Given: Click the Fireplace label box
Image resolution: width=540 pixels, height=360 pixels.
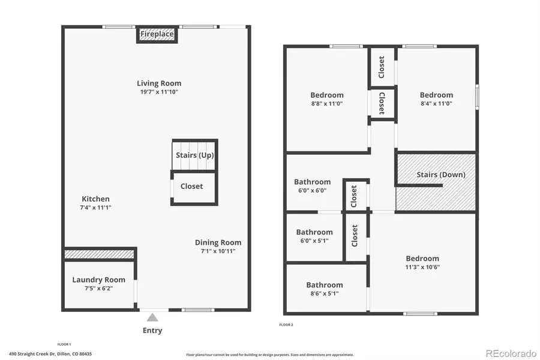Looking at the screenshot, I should (x=157, y=35).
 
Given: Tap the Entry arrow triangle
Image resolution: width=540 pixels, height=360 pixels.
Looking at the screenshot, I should (x=153, y=317).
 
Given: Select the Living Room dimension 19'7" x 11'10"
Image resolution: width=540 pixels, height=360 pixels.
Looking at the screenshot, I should (x=159, y=92).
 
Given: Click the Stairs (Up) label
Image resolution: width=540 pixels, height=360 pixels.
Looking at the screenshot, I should (x=194, y=155).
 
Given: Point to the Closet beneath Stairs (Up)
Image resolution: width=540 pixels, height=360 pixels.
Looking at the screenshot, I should (x=192, y=187).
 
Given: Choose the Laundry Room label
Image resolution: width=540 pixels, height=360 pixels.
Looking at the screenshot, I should (x=99, y=280).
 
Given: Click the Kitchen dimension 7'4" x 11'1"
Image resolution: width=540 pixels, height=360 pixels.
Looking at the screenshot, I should (x=96, y=208).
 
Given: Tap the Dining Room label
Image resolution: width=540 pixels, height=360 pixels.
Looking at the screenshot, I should (x=218, y=243).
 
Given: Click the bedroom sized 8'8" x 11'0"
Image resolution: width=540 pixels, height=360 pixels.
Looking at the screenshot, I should (x=327, y=99).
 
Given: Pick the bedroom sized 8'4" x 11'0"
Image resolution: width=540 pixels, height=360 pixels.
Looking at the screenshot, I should (x=436, y=99).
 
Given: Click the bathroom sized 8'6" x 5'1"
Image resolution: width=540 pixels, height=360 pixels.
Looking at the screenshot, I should (x=325, y=289).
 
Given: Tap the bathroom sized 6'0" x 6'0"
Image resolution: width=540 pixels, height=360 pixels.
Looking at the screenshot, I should (x=312, y=186).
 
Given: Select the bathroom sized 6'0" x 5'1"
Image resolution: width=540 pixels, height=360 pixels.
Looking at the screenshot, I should (x=314, y=236).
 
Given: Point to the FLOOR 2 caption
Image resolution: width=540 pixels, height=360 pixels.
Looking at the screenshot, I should (x=286, y=325).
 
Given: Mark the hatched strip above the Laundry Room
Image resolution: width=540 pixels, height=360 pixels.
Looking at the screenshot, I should (x=99, y=254).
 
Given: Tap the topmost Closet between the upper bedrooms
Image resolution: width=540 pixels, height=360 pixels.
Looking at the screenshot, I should (x=382, y=67).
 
